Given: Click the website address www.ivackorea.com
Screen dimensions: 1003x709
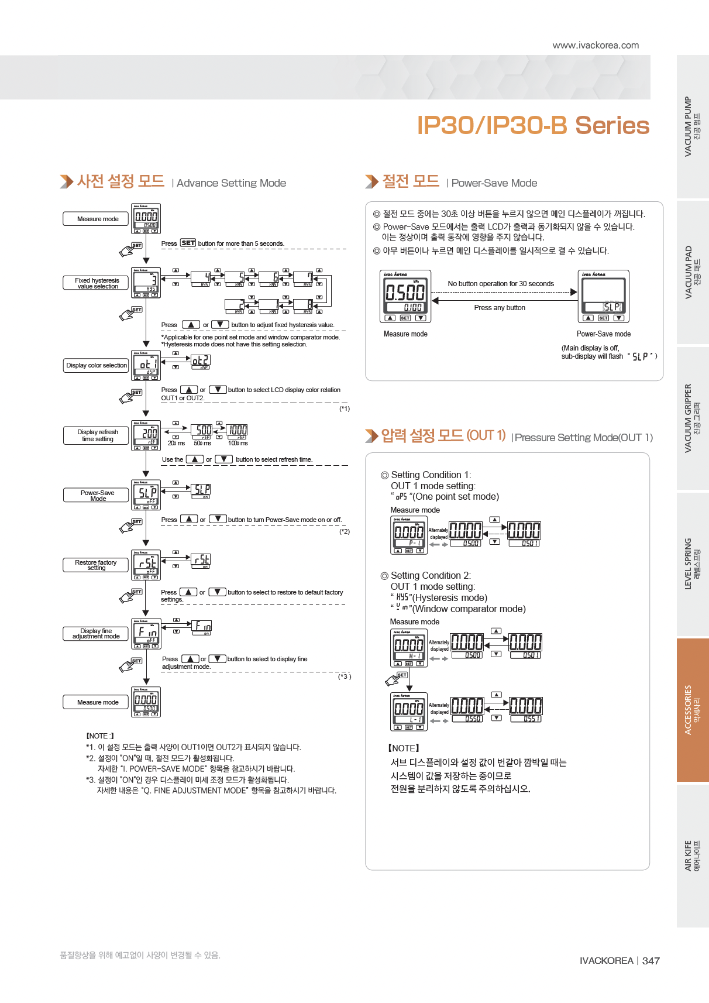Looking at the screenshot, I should pos(596,46).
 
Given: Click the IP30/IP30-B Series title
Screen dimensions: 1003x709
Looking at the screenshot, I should pos(532,126).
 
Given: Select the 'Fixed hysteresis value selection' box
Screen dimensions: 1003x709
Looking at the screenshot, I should pos(96,283).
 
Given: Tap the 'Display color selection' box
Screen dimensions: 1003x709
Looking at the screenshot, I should pos(96,366).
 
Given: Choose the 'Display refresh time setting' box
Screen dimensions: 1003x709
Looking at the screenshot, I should pos(96,435).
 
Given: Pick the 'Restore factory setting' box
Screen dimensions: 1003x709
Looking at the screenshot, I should pos(96,565).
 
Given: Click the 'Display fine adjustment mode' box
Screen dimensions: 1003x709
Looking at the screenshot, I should pos(96,634).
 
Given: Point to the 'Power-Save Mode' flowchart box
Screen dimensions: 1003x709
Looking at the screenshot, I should pos(96,496).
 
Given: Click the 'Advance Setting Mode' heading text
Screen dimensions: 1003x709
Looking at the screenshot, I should pos(231,183).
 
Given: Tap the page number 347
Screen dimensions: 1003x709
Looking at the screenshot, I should pos(651,961).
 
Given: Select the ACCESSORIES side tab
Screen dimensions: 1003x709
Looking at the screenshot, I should pos(693,710).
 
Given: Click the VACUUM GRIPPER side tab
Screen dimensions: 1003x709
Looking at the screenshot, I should pos(693,418).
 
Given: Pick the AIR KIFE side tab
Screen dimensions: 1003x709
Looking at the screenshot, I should pos(693,856).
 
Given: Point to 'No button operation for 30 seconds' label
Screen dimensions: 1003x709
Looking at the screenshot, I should pos(501,284).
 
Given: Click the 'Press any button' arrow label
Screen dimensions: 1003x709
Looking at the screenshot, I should pos(500,308).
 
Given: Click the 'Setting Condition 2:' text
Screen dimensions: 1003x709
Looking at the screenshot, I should pos(431,576).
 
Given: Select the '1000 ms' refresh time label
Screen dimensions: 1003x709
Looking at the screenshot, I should pos(238,444).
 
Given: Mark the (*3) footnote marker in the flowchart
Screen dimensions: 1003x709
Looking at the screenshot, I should pos(344,677).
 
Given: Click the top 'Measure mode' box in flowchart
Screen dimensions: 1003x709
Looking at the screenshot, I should pos(96,219).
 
